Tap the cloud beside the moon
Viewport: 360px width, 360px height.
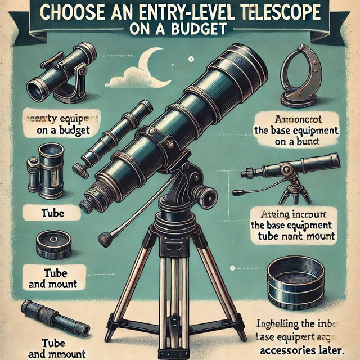click(125, 79)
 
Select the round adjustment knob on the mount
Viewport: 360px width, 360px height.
click(209, 197)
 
